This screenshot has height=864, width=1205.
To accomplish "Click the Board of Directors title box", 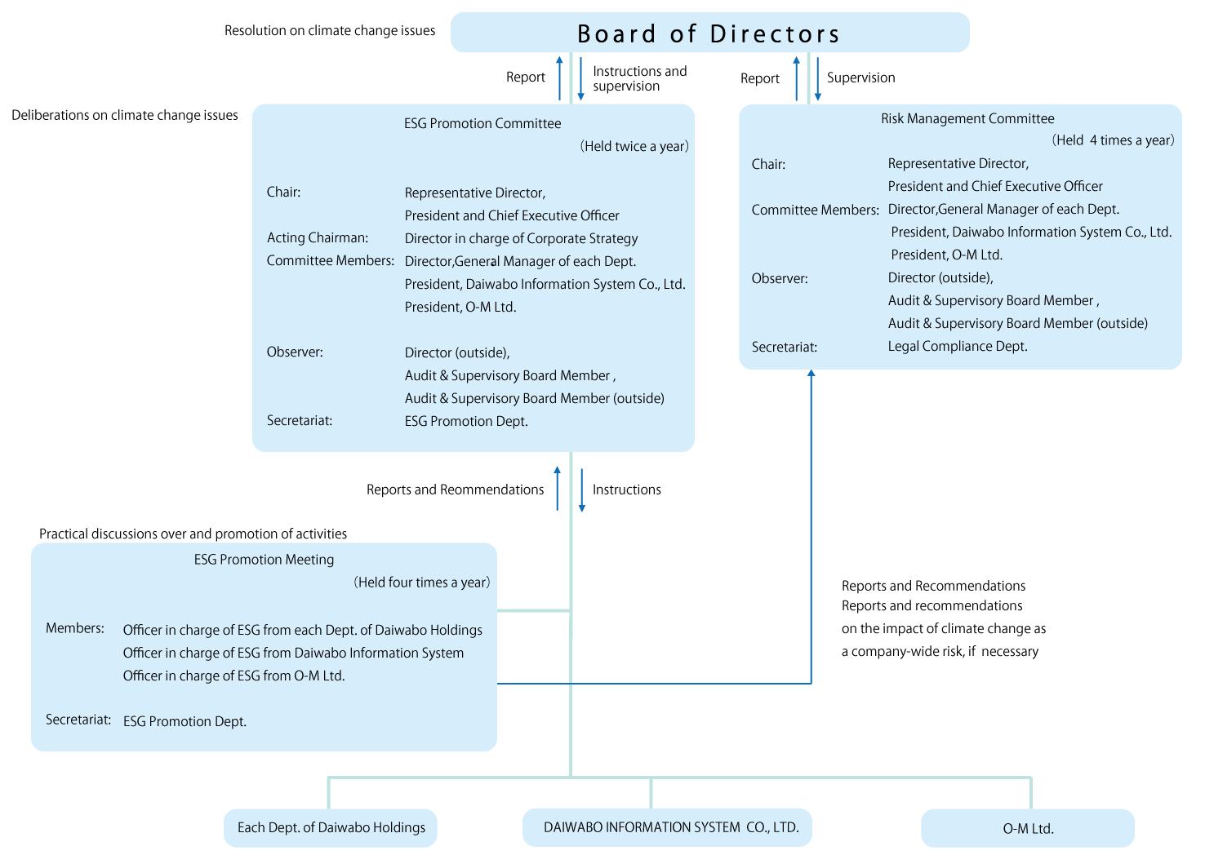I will (709, 33).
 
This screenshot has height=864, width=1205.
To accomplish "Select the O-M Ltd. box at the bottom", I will (1027, 828).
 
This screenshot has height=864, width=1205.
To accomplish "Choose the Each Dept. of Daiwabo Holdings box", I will (331, 827).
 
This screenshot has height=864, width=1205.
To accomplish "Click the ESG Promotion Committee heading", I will (482, 124).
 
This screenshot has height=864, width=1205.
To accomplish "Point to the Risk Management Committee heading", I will (967, 119).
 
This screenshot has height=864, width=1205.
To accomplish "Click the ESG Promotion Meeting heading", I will (264, 560).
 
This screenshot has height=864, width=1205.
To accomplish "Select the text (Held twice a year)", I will (634, 147).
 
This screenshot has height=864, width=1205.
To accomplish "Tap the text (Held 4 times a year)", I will (1113, 140).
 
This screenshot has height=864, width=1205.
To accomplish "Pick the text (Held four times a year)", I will (421, 583).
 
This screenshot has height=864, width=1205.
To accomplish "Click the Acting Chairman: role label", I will (318, 238).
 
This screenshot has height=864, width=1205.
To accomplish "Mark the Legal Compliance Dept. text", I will (957, 346).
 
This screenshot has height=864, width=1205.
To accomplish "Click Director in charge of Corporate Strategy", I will (521, 238).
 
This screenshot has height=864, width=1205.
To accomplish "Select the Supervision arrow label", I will (860, 78).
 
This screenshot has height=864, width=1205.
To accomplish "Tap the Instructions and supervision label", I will (639, 78).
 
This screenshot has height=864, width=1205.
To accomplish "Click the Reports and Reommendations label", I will (455, 490).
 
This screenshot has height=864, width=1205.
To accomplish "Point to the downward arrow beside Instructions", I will (581, 490).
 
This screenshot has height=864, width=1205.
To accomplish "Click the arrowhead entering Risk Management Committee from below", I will (811, 374).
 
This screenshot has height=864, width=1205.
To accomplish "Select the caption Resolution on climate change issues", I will (330, 31).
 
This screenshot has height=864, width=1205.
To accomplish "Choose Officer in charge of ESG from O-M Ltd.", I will (233, 676).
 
